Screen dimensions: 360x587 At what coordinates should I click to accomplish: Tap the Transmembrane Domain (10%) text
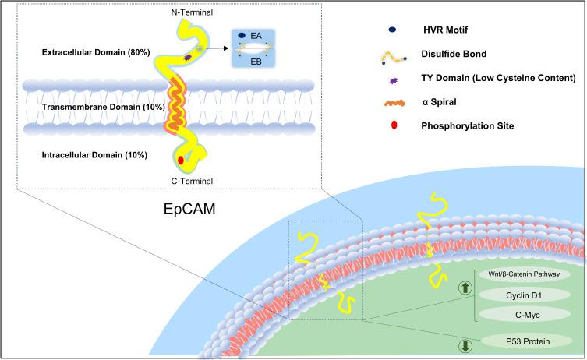pyautogui.click(x=94, y=106)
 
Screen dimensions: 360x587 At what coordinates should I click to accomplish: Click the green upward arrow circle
pyautogui.click(x=466, y=288)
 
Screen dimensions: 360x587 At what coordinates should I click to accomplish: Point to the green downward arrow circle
pyautogui.click(x=466, y=346)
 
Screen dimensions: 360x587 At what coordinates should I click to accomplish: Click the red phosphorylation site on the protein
pyautogui.click(x=182, y=161)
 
